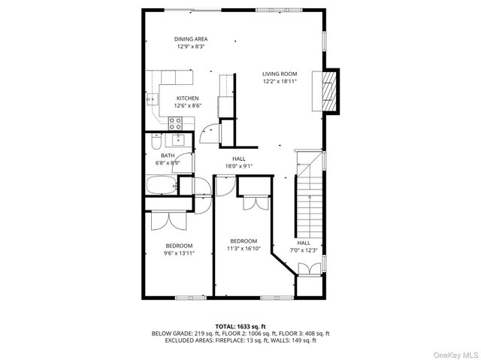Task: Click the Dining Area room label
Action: [x=190, y=39]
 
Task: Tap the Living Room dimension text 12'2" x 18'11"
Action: [x=280, y=81]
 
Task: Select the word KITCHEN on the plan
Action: [x=187, y=98]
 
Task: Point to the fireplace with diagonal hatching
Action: [x=328, y=90]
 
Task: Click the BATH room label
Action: [x=167, y=156]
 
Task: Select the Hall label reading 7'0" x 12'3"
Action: [x=304, y=247]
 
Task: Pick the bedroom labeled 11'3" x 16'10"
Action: [x=244, y=244]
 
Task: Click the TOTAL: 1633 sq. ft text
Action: [x=240, y=325]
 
